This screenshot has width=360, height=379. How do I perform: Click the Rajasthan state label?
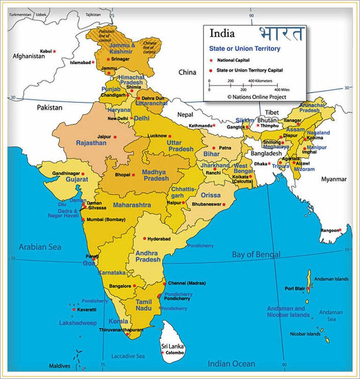pyautogui.click(x=91, y=143)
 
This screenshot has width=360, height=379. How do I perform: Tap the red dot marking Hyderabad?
pyautogui.click(x=145, y=238)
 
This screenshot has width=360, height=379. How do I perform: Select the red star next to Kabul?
pyautogui.click(x=54, y=51)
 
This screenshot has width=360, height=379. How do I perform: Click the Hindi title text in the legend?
pyautogui.click(x=281, y=35)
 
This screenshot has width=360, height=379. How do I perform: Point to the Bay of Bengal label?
pyautogui.click(x=256, y=254)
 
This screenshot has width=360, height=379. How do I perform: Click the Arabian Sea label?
pyautogui.click(x=40, y=247)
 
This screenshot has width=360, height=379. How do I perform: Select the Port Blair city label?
pyautogui.click(x=295, y=288)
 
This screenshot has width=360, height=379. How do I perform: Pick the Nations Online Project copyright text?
pyautogui.click(x=256, y=97)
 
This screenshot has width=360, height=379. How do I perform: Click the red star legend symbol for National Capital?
pyautogui.click(x=211, y=61)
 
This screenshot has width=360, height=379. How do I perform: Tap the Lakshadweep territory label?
pyautogui.click(x=77, y=323)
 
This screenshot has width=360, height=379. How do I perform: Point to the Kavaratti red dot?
pyautogui.click(x=74, y=310)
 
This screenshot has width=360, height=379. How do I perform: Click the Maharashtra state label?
pyautogui.click(x=132, y=205)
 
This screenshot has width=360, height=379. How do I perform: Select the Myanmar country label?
pyautogui.click(x=334, y=179)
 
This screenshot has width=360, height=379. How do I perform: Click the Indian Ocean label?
pyautogui.click(x=232, y=364)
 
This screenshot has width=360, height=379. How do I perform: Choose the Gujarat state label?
pyautogui.click(x=77, y=179)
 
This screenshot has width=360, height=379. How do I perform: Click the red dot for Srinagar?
pyautogui.click(x=108, y=59)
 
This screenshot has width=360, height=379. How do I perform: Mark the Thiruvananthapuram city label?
pyautogui.click(x=120, y=330)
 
